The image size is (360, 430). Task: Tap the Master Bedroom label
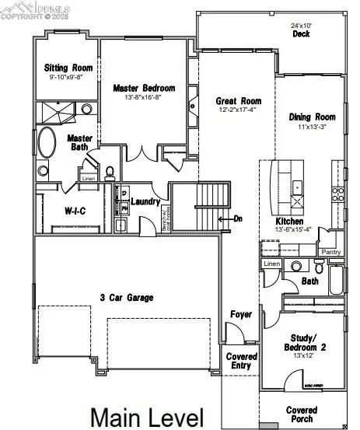pyautogui.click(x=144, y=88)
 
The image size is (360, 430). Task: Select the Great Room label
pyautogui.click(x=239, y=101)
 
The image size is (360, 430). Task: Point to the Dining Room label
pyautogui.click(x=311, y=117)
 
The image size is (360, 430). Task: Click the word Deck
pyautogui.click(x=302, y=34)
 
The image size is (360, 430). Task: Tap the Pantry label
pyautogui.click(x=331, y=252)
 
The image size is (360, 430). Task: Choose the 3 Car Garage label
pyautogui.click(x=126, y=297)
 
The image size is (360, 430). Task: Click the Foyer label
pyautogui.click(x=240, y=314)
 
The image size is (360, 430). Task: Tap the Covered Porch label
pyautogui.click(x=301, y=414)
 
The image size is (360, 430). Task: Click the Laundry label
pyautogui.click(x=145, y=202)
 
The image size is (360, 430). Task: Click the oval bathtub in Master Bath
pyautogui.click(x=47, y=145)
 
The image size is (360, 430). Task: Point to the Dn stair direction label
pyautogui.click(x=238, y=218)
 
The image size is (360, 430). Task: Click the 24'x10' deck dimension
pyautogui.click(x=302, y=24)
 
